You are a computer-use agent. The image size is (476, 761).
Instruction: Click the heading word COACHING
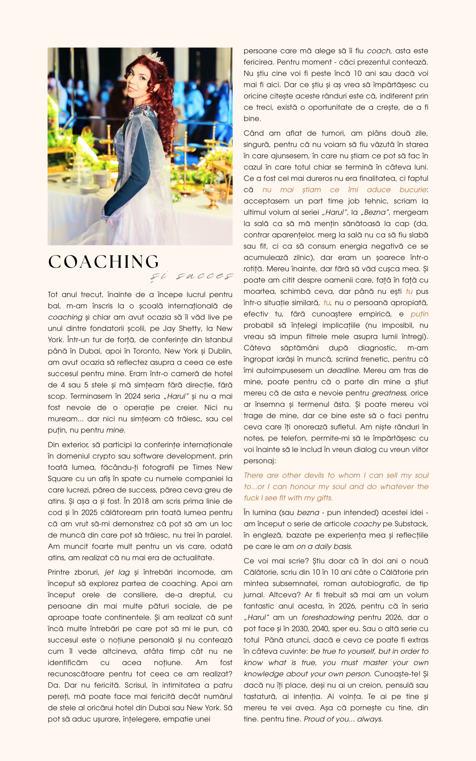coord(103,262)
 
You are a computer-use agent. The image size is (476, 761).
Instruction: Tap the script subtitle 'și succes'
coord(191,276)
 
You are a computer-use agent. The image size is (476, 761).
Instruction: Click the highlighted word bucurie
coord(413,190)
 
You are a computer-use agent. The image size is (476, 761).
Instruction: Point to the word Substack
coord(411,524)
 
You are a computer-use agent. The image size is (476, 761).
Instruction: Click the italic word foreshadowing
coord(328,617)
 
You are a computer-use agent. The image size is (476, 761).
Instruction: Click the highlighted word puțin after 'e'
coord(419,314)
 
